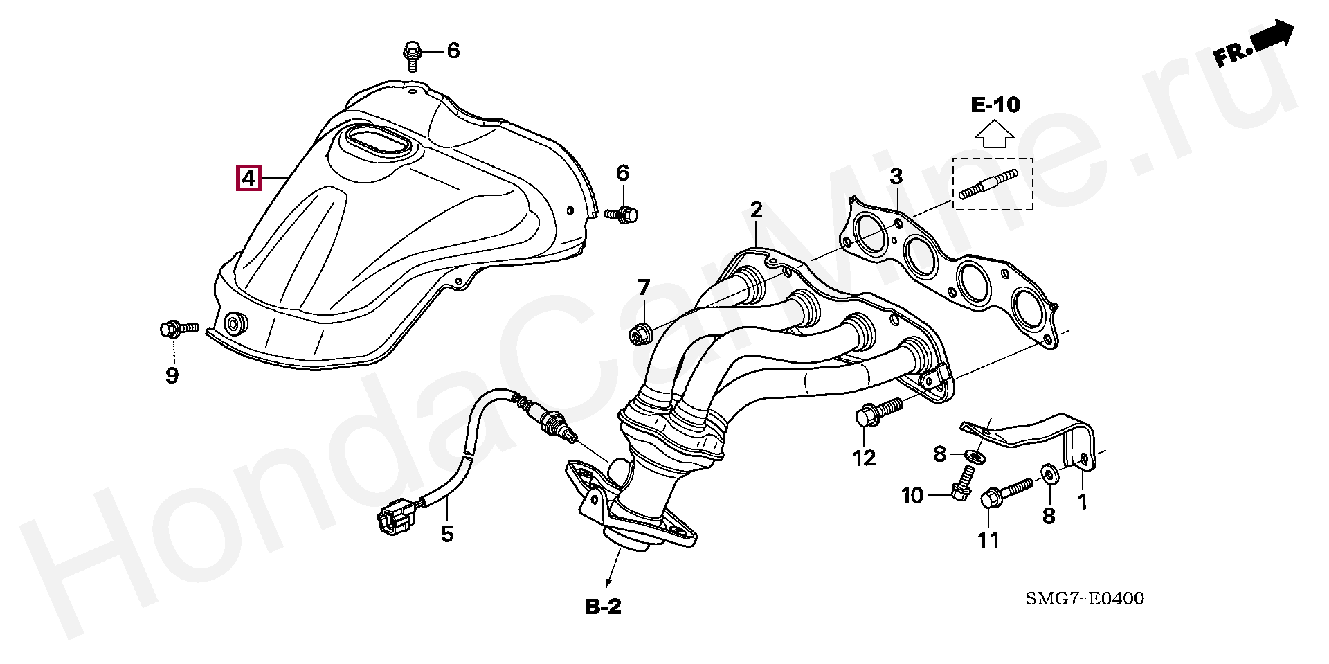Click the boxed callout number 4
pos(248,178)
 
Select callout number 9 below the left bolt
pos(172,375)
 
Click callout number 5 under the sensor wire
pos(447,534)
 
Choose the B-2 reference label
pos(604,607)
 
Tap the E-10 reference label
pos(995,105)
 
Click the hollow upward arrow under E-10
pos(994,134)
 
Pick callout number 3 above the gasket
pos(896,177)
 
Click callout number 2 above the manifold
pos(756,210)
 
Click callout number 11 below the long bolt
pos(988,540)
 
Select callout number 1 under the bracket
pos(1083,502)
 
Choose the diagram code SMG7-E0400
pos(1085,598)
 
